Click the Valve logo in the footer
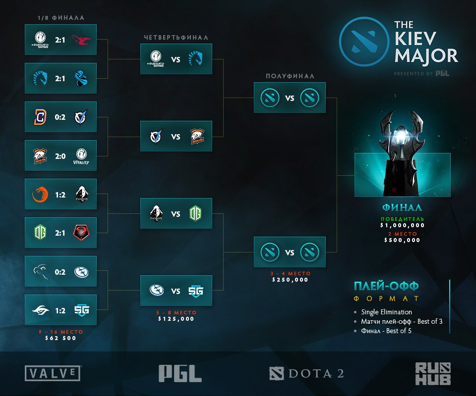[x=53, y=373]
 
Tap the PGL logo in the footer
[x=180, y=373]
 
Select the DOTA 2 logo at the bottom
[x=306, y=373]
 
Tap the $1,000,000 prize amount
[x=402, y=225]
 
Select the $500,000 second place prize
[x=402, y=240]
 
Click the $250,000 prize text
[x=290, y=280]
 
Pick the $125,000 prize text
[x=176, y=319]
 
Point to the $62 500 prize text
[x=60, y=338]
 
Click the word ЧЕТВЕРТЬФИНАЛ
[x=176, y=37]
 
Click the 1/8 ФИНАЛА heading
[x=61, y=18]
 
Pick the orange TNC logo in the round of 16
[x=39, y=195]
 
